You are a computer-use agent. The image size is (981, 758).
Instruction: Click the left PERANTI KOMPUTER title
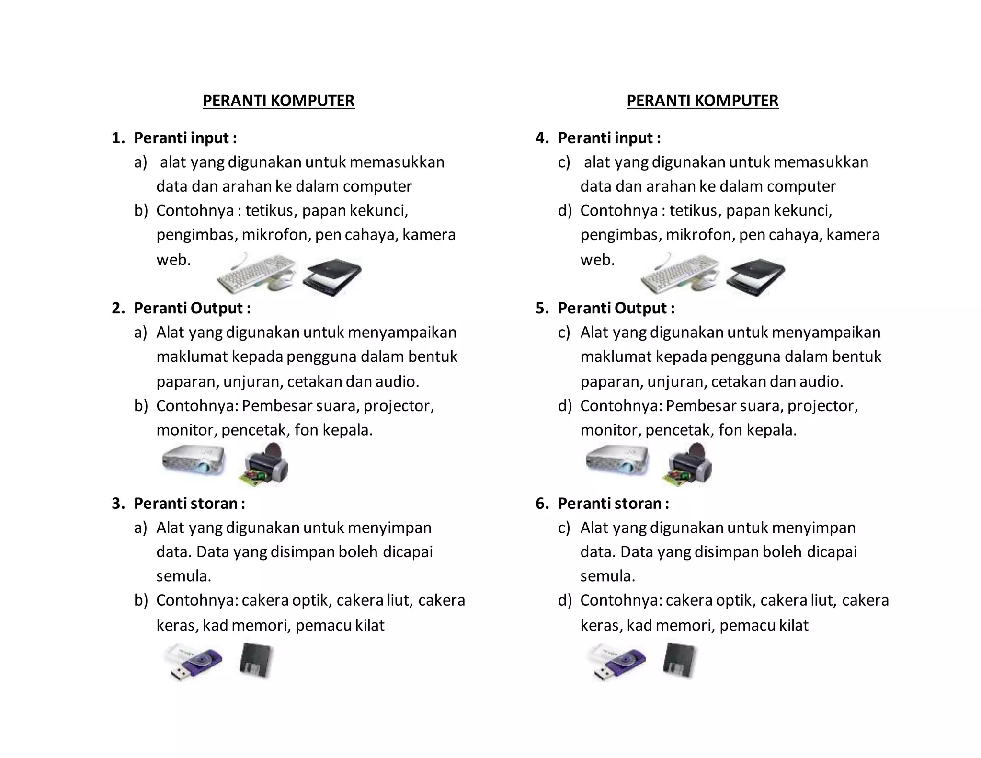point(278,101)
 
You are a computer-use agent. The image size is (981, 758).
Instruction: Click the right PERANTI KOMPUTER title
point(702,101)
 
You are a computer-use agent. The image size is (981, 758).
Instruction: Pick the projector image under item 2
point(194,460)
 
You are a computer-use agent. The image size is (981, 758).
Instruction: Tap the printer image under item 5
point(688,465)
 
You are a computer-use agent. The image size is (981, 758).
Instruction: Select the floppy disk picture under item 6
point(680,661)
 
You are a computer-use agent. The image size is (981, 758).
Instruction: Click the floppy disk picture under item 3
point(256,661)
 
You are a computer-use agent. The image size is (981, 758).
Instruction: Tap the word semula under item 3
point(183,576)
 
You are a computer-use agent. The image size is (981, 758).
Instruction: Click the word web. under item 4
point(597,260)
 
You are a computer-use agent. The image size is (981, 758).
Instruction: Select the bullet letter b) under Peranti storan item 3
point(141,600)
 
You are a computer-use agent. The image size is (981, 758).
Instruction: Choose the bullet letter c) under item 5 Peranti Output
point(564,333)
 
